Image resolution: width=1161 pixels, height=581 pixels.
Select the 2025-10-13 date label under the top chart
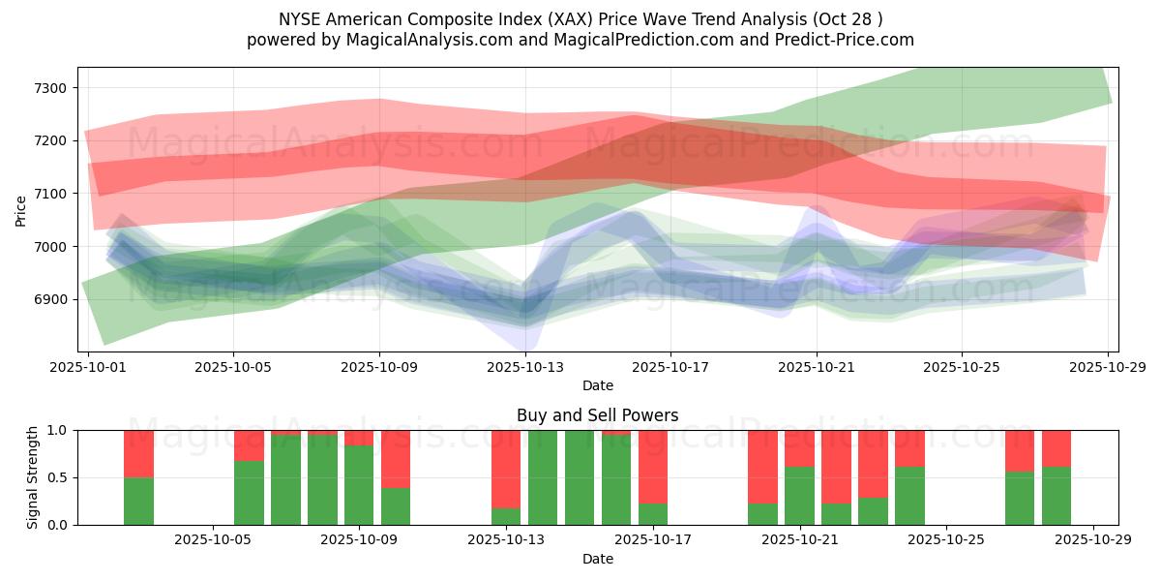(x=524, y=367)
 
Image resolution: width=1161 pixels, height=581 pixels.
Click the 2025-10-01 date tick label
(x=88, y=367)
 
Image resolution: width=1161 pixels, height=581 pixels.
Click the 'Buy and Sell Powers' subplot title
(x=597, y=415)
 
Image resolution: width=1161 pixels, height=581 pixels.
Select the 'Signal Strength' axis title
(x=33, y=477)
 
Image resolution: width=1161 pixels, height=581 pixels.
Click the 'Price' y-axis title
(x=21, y=210)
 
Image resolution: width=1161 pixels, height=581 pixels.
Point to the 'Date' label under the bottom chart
(x=597, y=559)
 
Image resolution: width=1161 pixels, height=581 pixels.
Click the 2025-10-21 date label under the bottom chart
(x=800, y=540)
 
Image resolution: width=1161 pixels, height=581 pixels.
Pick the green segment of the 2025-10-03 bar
(x=138, y=501)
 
